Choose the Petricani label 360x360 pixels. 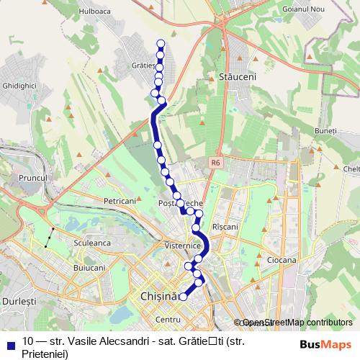pyautogui.click(x=120, y=201)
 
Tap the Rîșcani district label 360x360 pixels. pyautogui.click(x=225, y=226)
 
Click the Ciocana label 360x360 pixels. pyautogui.click(x=281, y=259)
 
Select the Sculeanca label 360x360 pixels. pyautogui.click(x=91, y=243)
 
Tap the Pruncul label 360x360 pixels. pyautogui.click(x=34, y=177)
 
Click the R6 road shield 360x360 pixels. pyautogui.click(x=215, y=163)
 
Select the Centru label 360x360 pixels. pyautogui.click(x=167, y=319)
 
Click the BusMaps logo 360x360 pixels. pyautogui.click(x=325, y=344)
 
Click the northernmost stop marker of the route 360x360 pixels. pyautogui.click(x=161, y=45)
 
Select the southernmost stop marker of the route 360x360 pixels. pyautogui.click(x=184, y=296)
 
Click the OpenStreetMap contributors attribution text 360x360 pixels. pyautogui.click(x=297, y=323)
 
